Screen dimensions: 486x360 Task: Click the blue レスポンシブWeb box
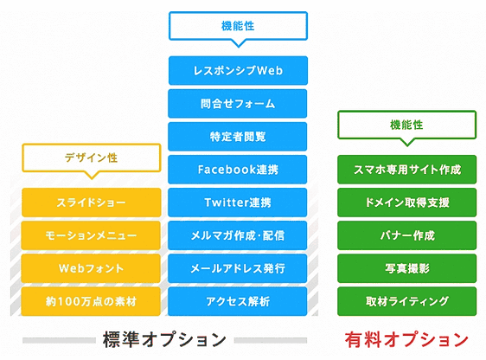pyautogui.click(x=238, y=70)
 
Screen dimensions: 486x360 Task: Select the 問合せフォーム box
pyautogui.click(x=238, y=104)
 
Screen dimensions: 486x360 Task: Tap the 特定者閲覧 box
pyautogui.click(x=238, y=137)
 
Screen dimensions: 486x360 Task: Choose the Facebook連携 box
pyautogui.click(x=238, y=170)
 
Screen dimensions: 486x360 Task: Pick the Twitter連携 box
pyautogui.click(x=238, y=202)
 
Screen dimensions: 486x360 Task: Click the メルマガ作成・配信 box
pyautogui.click(x=238, y=235)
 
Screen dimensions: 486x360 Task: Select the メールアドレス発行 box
pyautogui.click(x=238, y=268)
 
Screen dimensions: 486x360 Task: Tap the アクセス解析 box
pyautogui.click(x=238, y=301)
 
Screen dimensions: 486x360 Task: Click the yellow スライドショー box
pyautogui.click(x=92, y=202)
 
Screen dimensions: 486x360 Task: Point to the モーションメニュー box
pyautogui.click(x=91, y=235)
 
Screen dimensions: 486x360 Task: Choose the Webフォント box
pyautogui.click(x=91, y=268)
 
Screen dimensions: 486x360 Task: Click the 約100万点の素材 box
pyautogui.click(x=91, y=301)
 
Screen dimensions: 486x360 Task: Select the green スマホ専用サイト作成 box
pyautogui.click(x=407, y=170)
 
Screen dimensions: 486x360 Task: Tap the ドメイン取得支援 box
pyautogui.click(x=407, y=202)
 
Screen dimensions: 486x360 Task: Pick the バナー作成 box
pyautogui.click(x=407, y=235)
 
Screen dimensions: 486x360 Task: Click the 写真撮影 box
pyautogui.click(x=407, y=268)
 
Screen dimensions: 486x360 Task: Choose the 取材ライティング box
pyautogui.click(x=407, y=301)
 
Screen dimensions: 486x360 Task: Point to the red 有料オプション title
pyautogui.click(x=406, y=339)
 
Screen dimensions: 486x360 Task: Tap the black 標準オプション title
pyautogui.click(x=164, y=339)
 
